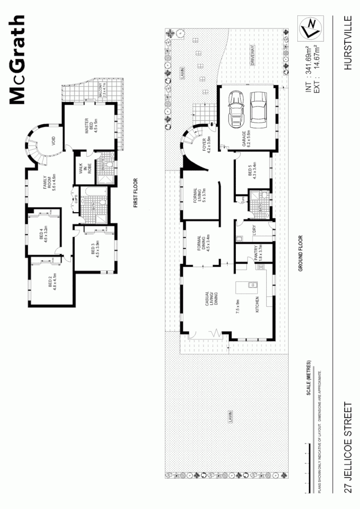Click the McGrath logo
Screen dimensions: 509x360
point(18,60)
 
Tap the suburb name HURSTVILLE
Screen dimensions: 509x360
point(348,43)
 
